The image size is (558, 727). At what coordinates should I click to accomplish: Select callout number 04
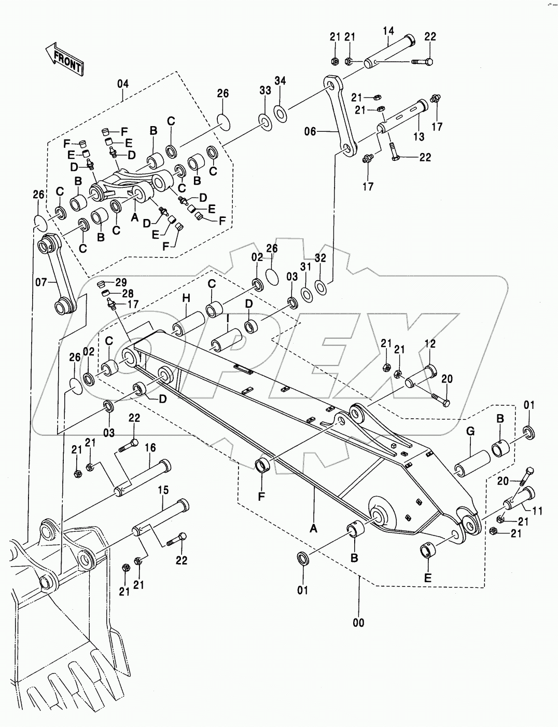(x=122, y=84)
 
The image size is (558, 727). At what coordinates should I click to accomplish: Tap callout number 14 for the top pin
(x=389, y=32)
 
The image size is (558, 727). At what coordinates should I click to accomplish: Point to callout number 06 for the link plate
(x=310, y=132)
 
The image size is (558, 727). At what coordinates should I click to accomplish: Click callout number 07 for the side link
(x=41, y=282)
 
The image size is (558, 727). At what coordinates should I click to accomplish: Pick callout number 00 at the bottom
(x=358, y=623)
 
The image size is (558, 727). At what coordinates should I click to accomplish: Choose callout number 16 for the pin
(x=150, y=448)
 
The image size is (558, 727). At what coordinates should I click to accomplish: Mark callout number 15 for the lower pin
(x=163, y=490)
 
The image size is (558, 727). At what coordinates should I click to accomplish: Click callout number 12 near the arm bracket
(x=430, y=344)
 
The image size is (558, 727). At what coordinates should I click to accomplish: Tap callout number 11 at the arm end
(x=537, y=511)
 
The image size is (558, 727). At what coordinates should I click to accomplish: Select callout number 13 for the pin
(x=418, y=136)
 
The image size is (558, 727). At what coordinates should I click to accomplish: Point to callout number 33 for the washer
(x=265, y=90)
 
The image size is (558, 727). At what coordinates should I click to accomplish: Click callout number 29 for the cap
(x=121, y=282)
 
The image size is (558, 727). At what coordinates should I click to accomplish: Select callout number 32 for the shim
(x=320, y=258)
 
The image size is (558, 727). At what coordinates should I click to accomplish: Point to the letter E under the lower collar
(x=427, y=578)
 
